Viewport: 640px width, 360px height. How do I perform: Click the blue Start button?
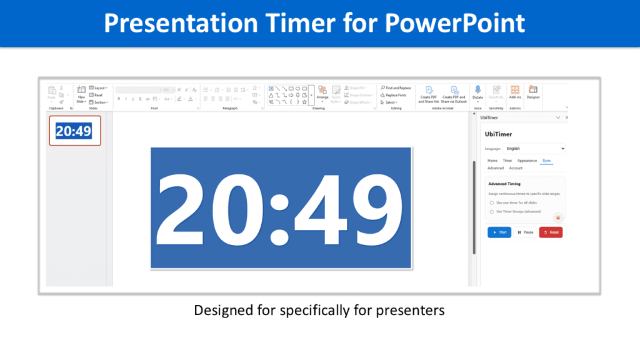coord(499,232)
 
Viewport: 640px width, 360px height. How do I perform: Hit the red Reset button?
coord(551,232)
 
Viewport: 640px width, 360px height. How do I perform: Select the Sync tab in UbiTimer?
coord(547,161)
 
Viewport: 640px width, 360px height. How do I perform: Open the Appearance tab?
coord(527,161)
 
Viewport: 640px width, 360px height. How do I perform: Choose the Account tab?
coord(516,168)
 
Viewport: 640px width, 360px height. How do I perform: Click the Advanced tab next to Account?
coord(496,168)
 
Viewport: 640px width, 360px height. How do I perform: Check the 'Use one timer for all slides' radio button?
coord(491,202)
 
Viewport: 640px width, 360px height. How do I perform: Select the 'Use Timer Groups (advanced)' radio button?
coord(491,212)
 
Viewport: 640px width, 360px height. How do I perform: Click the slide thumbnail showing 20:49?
coord(74,131)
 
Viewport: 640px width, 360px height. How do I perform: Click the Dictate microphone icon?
coord(477,91)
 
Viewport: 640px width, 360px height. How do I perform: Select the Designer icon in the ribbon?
coord(533,91)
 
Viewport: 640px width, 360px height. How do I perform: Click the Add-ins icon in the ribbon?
coord(515,91)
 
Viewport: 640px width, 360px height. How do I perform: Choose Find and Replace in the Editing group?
coord(396,88)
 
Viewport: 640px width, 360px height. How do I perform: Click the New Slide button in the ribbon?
coord(81,94)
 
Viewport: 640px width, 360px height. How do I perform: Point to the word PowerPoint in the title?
coord(455,23)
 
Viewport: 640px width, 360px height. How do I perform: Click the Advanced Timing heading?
coord(504,184)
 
